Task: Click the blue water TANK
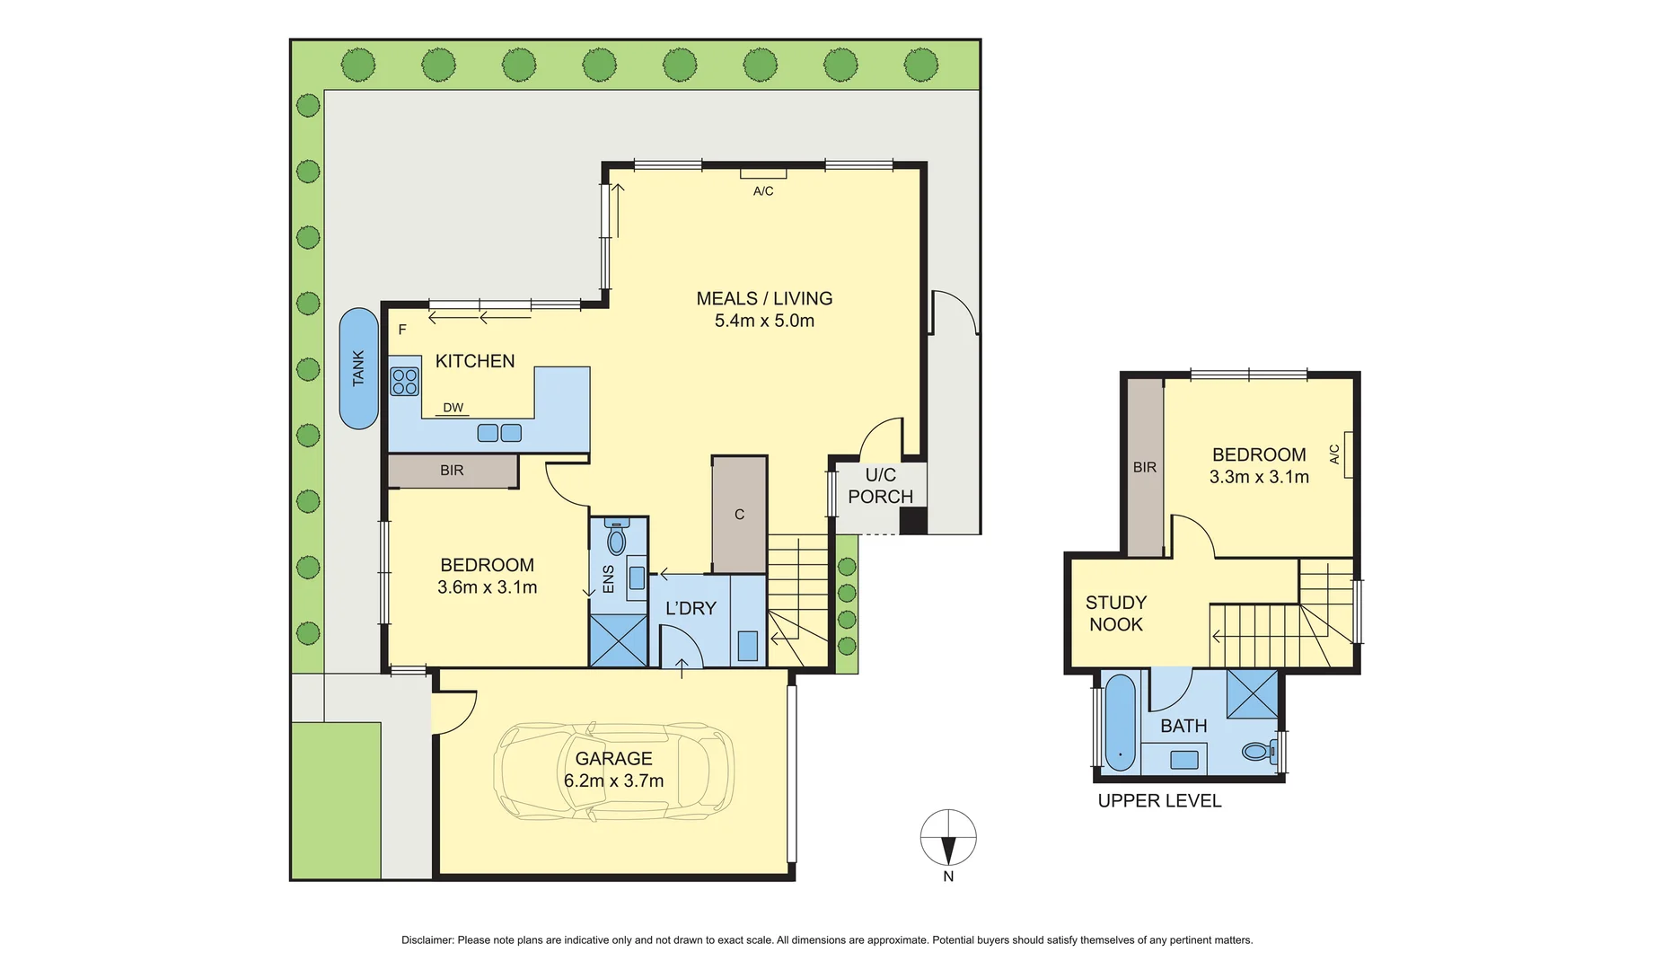click(358, 368)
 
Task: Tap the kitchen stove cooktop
click(404, 382)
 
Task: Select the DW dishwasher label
click(453, 408)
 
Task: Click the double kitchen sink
click(499, 433)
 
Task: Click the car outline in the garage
click(613, 771)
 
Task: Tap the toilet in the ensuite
click(616, 539)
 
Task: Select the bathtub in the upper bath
click(1120, 723)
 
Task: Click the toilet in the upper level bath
click(1258, 751)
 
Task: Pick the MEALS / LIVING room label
click(764, 298)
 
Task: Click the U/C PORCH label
click(880, 486)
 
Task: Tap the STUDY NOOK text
click(1115, 613)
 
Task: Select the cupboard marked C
click(739, 515)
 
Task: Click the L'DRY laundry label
click(691, 609)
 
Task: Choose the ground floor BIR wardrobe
click(452, 471)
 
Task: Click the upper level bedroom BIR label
click(1144, 467)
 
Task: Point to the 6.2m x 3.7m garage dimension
click(613, 781)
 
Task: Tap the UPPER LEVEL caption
click(1159, 801)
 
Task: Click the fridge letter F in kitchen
click(402, 330)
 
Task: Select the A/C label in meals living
click(763, 191)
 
